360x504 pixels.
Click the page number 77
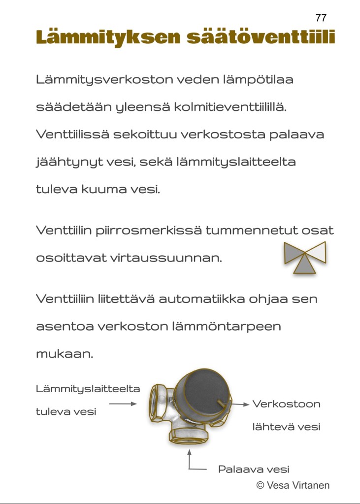point(321,18)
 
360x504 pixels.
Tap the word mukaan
point(64,354)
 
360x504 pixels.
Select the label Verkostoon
point(287,404)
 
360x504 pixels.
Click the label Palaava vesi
point(254,469)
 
